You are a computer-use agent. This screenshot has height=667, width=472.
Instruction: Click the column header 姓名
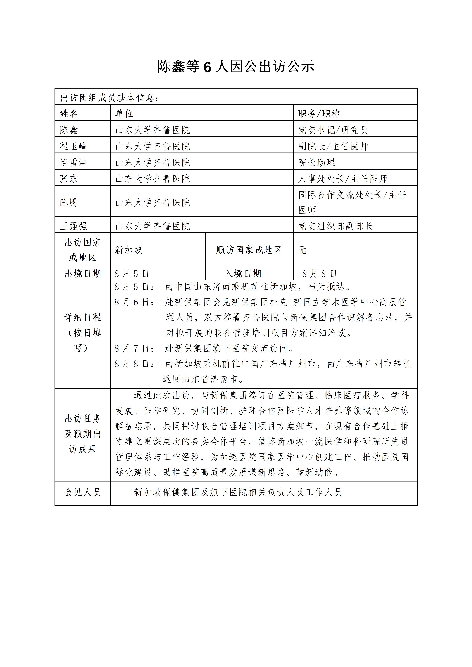tap(69, 114)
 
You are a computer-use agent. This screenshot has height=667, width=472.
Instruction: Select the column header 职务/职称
tap(319, 114)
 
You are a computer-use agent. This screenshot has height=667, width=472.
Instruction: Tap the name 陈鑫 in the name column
tap(69, 130)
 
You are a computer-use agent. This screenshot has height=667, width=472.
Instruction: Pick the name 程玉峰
tap(74, 146)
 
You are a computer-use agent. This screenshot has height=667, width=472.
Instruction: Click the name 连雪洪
tap(74, 162)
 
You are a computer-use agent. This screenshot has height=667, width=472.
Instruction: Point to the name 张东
tap(69, 179)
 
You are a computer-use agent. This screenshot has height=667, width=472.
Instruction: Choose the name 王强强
tap(74, 226)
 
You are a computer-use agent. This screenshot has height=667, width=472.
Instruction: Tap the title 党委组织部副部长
tap(335, 226)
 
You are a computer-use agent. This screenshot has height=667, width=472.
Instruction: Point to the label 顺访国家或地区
tap(249, 250)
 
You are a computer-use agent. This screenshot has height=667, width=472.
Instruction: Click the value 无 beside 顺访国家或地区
tap(302, 250)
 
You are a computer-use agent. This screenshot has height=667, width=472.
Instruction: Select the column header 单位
tap(124, 114)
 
